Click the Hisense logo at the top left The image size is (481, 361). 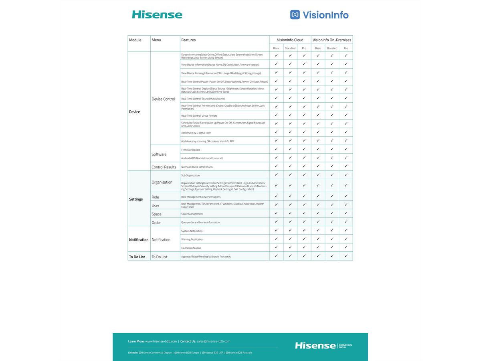[157, 15]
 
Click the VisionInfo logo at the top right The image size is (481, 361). [319, 15]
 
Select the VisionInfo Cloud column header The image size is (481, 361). [290, 40]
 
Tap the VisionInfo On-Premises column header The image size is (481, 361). [331, 40]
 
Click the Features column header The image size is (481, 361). [188, 40]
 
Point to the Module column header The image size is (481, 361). [135, 40]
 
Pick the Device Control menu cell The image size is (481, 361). [163, 99]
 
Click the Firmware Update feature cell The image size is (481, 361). [191, 150]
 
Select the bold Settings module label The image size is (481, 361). [136, 199]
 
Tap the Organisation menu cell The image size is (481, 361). [162, 182]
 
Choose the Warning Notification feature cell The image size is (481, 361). [192, 239]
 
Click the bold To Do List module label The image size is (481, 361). [137, 257]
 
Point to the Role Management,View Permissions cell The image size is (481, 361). [201, 197]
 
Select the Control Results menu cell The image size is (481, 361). [164, 167]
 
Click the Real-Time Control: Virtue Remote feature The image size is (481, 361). [199, 116]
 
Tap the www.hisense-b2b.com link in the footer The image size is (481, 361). [161, 341]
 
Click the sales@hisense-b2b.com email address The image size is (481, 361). [213, 341]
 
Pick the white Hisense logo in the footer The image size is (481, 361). [315, 345]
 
